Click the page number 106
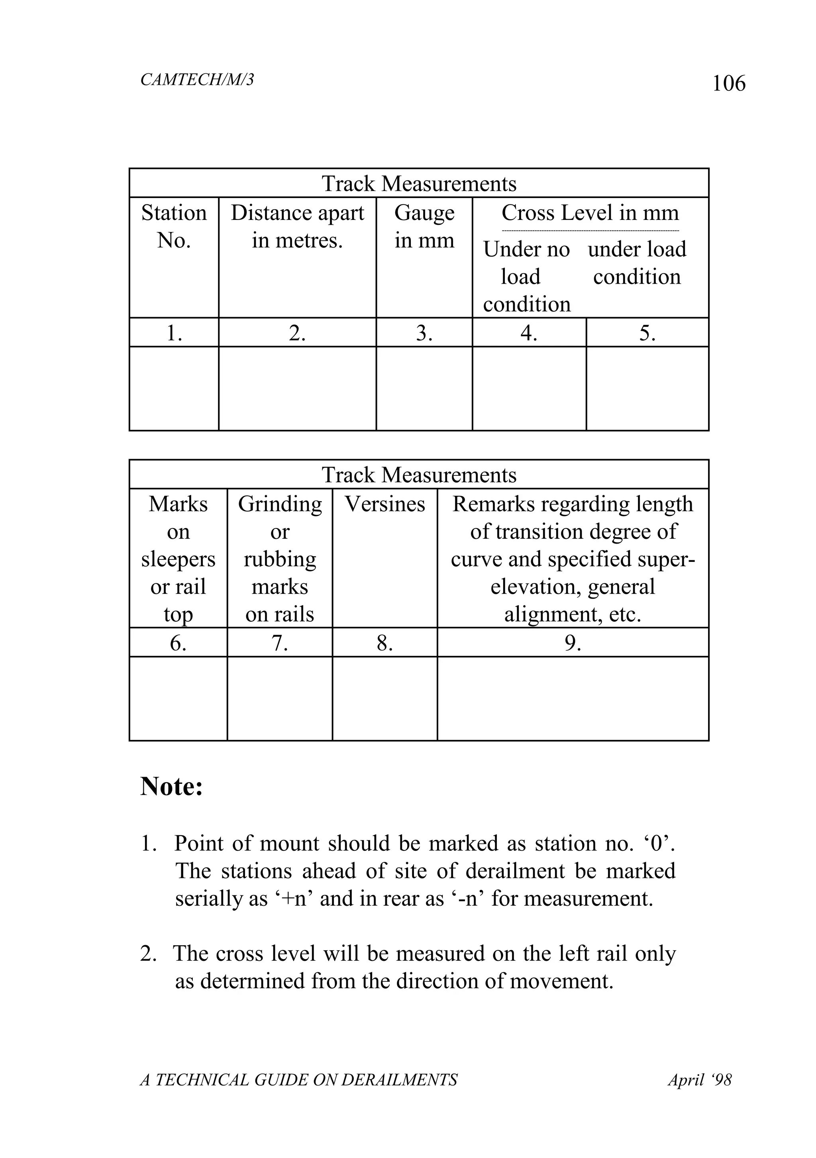728,83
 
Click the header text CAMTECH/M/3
197,80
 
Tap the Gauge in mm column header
424,226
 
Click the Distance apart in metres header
297,226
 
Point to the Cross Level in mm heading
590,213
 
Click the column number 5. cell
647,333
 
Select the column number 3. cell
424,333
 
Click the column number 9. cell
573,643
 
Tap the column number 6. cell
178,643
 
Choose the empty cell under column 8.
385,699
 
